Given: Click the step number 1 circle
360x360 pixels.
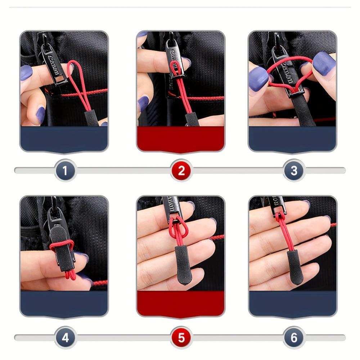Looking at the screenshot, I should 65,170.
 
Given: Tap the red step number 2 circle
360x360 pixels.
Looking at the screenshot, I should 181,170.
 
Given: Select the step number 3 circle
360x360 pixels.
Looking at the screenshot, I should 294,170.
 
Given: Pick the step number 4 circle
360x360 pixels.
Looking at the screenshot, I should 65,338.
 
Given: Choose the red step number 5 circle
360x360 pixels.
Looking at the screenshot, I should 181,338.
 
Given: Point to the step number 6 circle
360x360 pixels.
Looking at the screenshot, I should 294,338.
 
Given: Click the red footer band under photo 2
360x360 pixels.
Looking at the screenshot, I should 181,139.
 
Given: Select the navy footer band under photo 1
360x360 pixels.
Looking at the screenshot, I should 64,139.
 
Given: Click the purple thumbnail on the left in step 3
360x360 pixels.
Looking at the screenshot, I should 258,77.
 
